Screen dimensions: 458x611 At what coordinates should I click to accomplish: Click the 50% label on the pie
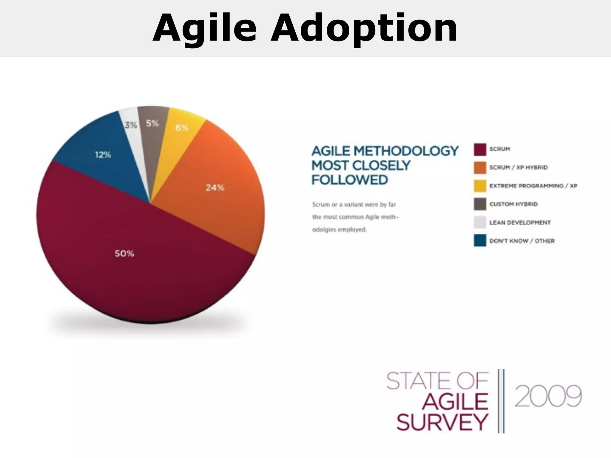124,254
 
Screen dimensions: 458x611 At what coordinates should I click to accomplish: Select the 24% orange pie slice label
215,188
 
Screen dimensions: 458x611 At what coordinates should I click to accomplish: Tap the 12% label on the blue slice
103,155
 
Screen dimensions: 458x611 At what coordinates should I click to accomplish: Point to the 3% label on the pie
131,125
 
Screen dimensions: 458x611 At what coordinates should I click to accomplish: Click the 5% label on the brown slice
152,123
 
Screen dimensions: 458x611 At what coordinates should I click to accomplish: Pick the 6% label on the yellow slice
182,128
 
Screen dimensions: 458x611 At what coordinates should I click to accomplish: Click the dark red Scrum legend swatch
480,149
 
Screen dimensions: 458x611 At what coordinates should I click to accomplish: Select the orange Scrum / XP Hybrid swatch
480,168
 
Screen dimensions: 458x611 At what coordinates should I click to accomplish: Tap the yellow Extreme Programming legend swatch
480,186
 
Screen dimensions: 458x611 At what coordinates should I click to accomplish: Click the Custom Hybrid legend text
513,204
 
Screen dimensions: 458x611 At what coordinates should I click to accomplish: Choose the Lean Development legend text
520,223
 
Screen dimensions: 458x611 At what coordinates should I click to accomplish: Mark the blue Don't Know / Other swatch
480,241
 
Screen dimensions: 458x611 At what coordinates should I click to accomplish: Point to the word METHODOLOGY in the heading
406,151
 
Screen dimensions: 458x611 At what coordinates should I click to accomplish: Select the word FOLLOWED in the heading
350,180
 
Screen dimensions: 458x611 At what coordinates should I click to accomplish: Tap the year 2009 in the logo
548,396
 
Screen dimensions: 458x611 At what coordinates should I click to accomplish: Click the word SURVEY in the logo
442,423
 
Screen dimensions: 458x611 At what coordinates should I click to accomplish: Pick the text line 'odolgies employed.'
339,230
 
